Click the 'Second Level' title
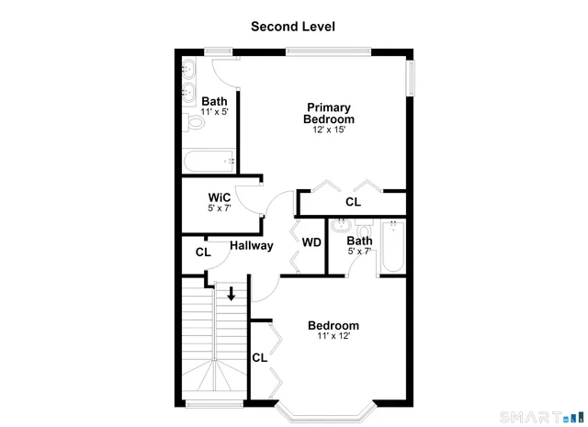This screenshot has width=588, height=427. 293,27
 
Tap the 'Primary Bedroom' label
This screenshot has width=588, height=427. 330,113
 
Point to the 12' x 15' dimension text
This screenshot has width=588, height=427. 330,130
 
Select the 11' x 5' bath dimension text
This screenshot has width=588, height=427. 214,112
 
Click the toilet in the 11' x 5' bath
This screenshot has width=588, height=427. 195,120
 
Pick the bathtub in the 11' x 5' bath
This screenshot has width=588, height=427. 209,163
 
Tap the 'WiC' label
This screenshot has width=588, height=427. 219,197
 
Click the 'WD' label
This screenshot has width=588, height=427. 311,242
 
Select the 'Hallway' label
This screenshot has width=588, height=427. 251,246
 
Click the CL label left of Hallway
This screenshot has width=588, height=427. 203,252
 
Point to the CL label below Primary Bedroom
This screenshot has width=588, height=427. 353,202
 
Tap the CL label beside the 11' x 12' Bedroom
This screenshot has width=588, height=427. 259,357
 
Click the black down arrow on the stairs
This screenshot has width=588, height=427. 232,294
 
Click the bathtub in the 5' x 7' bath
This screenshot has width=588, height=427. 393,246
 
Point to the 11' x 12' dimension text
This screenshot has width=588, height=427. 333,336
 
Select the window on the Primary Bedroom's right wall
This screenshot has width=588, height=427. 410,78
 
